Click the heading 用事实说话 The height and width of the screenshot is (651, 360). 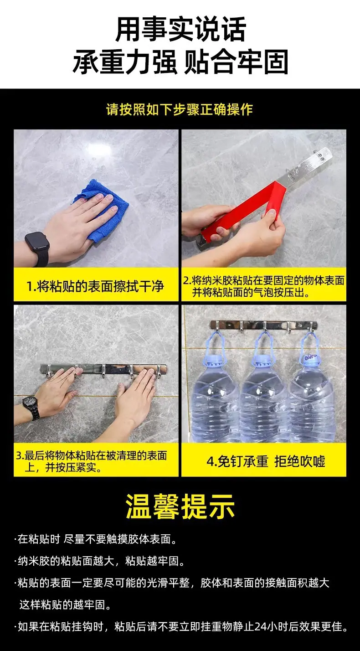[180, 29]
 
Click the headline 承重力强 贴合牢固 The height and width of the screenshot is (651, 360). [180, 62]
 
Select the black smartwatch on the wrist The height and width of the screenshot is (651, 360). [38, 248]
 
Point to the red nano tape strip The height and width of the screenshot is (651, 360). [247, 209]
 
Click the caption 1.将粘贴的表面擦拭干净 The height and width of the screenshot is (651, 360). [95, 286]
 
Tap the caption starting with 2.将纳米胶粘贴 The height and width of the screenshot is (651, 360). [263, 286]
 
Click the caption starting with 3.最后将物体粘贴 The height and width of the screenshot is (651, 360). [92, 461]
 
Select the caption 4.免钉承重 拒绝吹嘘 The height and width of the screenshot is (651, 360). [266, 461]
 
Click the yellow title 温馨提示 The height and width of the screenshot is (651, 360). [180, 507]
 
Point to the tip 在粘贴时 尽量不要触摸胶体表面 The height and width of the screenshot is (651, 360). [96, 539]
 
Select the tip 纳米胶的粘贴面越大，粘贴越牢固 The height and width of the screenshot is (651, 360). [100, 561]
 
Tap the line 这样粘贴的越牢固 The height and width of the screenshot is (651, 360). [65, 605]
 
